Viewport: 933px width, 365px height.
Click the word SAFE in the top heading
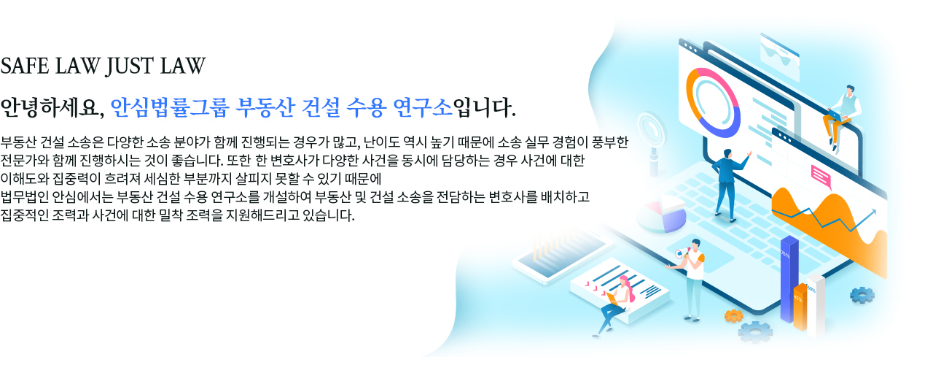(x=25, y=66)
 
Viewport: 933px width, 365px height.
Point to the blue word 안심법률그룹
(x=170, y=107)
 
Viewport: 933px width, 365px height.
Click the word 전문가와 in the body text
(x=25, y=161)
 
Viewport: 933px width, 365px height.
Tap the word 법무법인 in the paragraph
(x=25, y=196)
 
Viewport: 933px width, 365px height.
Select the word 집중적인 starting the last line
(x=25, y=215)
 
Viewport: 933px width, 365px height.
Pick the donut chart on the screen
(x=713, y=103)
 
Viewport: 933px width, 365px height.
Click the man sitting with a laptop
(x=841, y=117)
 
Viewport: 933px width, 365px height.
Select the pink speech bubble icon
(x=821, y=177)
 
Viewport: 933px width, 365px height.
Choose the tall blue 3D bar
(x=789, y=280)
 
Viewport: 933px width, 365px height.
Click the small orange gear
(x=733, y=316)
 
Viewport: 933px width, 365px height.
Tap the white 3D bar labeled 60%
(x=816, y=306)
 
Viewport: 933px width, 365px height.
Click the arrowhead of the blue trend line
(x=873, y=212)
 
